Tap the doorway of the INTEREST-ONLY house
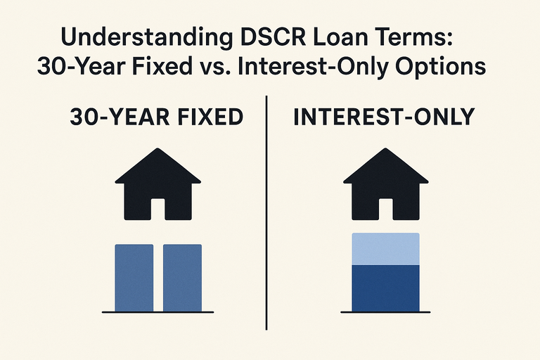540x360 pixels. [x=385, y=209]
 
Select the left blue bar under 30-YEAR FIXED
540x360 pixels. [x=134, y=277]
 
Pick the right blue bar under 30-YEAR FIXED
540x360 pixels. [x=182, y=277]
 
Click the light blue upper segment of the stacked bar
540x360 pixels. [x=385, y=249]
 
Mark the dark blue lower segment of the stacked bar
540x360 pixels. [x=385, y=287]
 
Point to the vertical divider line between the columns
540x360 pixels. [x=267, y=211]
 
